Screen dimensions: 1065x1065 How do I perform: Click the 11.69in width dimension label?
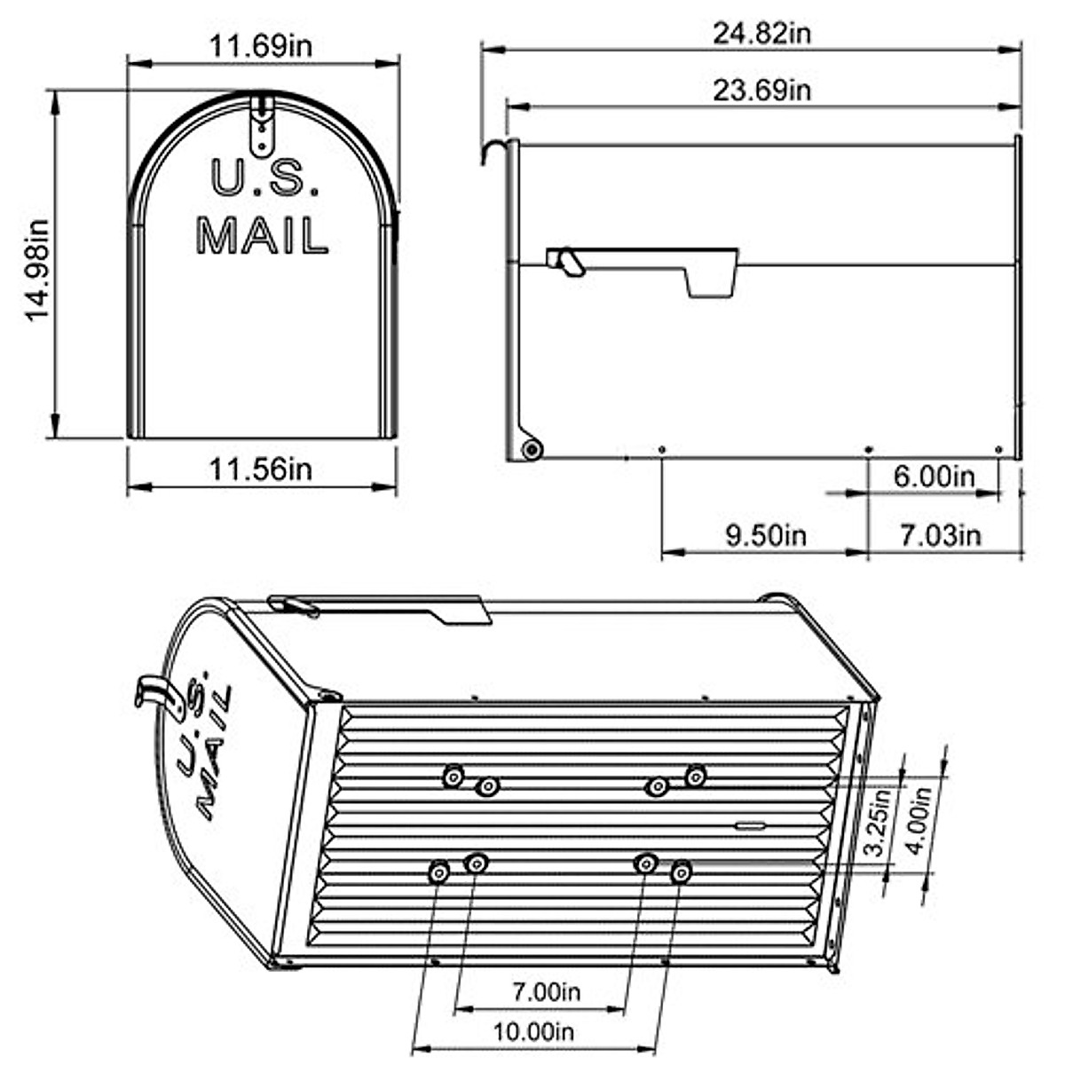tap(260, 45)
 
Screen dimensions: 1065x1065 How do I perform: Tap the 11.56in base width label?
tap(260, 469)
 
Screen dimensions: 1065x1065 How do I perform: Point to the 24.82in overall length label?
tap(761, 34)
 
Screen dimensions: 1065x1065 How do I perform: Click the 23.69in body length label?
tap(761, 91)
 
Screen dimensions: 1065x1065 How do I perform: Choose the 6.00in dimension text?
tap(933, 477)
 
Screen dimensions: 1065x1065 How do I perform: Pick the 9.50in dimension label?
tap(765, 535)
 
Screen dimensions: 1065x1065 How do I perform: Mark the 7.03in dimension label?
tap(940, 535)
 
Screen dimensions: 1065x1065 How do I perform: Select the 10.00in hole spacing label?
tap(533, 1031)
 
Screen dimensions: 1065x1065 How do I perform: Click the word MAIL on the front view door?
tap(262, 236)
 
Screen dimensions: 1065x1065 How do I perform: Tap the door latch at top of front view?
tap(262, 124)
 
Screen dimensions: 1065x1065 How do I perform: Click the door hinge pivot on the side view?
tap(532, 449)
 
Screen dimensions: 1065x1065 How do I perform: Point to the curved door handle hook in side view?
tap(496, 150)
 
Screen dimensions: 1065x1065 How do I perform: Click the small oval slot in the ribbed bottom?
tap(750, 825)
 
